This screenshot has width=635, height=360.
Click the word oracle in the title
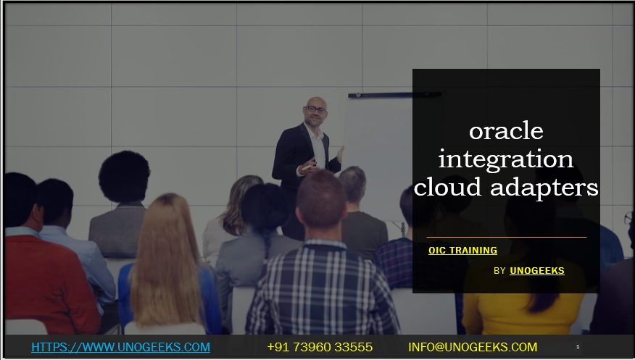[506, 131]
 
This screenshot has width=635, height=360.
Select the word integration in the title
[506, 159]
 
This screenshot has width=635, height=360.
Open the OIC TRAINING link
[462, 251]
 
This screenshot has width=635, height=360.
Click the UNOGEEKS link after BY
[536, 271]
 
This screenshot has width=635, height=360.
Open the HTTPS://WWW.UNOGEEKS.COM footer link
[120, 347]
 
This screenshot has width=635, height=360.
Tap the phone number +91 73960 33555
[320, 347]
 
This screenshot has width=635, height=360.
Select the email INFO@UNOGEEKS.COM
[473, 347]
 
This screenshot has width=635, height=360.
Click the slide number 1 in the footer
[578, 347]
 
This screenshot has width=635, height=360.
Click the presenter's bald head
[315, 105]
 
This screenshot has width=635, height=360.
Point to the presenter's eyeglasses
[316, 110]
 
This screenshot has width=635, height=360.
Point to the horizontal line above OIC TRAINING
[506, 237]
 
